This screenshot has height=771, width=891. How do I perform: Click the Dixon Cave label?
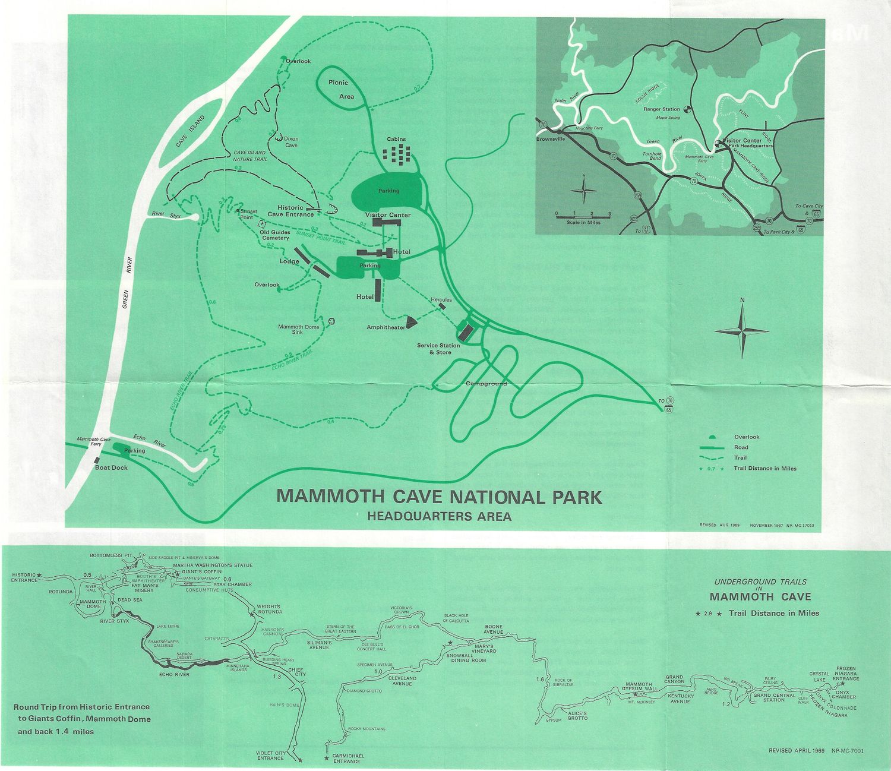(x=291, y=142)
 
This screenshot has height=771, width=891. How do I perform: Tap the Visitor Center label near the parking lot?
(x=388, y=215)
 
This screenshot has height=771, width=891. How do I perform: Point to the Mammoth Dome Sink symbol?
(x=331, y=321)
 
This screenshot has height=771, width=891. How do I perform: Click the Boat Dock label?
(x=111, y=467)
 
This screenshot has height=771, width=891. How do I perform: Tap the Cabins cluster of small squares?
(x=397, y=153)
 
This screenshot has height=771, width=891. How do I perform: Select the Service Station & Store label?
(x=438, y=349)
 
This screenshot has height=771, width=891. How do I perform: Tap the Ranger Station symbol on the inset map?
(x=687, y=109)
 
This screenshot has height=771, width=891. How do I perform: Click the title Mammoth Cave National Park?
(x=440, y=497)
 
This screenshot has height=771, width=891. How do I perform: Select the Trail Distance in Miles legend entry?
(x=764, y=468)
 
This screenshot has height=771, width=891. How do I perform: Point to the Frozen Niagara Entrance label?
(x=845, y=673)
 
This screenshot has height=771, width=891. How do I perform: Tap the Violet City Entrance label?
(x=270, y=755)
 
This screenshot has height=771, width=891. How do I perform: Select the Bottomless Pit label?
(x=110, y=555)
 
